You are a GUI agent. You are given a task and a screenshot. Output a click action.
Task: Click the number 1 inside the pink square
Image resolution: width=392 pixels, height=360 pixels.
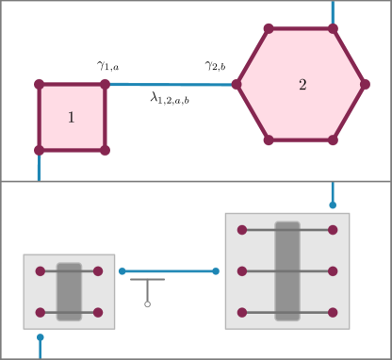tap(71, 118)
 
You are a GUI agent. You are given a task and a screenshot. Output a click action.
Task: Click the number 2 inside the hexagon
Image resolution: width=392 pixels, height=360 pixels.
tap(302, 85)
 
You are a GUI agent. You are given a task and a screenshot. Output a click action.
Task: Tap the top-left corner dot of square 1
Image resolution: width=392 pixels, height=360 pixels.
tap(40, 84)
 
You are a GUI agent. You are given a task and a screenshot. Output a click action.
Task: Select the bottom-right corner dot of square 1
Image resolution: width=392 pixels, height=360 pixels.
tap(105, 150)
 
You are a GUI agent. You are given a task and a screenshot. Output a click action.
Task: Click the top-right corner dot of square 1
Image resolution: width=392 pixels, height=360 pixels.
tap(105, 84)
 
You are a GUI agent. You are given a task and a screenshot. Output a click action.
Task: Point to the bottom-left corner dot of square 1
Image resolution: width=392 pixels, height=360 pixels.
tap(40, 150)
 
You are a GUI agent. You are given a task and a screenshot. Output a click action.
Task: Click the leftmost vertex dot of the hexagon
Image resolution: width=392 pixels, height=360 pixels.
tap(237, 84)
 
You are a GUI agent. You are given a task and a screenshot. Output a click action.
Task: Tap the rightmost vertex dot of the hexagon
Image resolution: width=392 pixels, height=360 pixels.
tap(365, 84)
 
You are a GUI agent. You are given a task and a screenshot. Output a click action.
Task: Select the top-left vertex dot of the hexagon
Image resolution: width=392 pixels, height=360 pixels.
tap(269, 28)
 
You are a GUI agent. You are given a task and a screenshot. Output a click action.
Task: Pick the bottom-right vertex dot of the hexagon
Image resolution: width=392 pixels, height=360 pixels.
tap(333, 140)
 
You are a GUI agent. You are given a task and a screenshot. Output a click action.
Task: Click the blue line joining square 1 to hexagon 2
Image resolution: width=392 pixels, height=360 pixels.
tap(170, 84)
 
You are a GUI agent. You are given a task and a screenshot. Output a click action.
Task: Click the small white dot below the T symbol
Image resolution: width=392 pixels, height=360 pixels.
tap(147, 304)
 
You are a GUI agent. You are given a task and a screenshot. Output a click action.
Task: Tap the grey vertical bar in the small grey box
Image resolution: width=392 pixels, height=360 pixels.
tap(69, 291)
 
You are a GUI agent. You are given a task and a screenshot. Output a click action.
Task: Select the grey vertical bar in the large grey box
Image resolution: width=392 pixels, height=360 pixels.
tap(287, 270)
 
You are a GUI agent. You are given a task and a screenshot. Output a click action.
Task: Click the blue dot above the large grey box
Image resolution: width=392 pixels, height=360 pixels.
tap(333, 205)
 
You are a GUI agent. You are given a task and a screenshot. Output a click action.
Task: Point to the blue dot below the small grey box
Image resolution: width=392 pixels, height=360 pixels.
tap(40, 336)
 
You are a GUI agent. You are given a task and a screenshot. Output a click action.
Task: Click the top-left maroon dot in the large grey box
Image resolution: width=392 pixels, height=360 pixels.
tap(242, 230)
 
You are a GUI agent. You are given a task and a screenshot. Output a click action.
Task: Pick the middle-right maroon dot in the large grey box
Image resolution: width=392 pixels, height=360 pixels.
tap(333, 270)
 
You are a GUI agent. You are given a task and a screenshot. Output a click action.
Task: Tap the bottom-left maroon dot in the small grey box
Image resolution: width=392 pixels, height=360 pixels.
tap(41, 312)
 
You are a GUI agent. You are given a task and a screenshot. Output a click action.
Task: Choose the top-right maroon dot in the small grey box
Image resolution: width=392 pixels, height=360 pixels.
tap(98, 270)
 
